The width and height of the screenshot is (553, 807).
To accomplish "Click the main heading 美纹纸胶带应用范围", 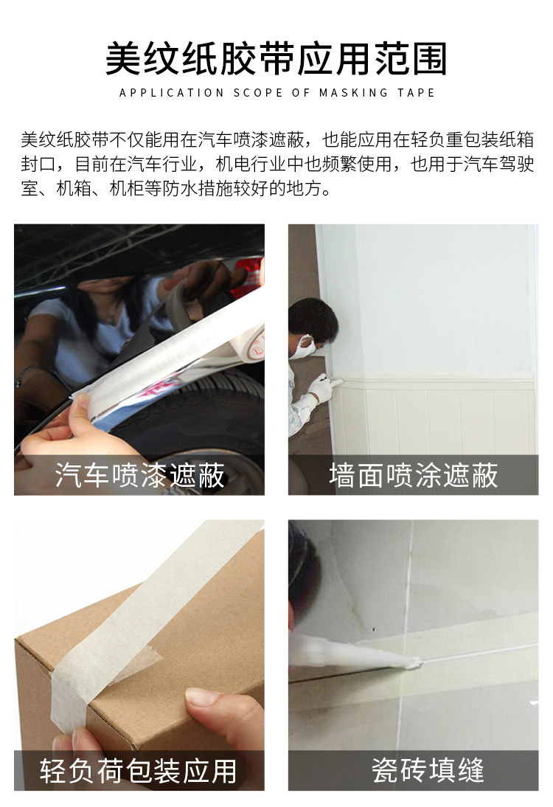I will coord(276,59).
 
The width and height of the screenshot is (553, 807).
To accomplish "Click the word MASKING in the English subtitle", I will coord(355,93).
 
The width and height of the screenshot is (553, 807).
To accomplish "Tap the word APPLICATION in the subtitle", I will coord(171,93).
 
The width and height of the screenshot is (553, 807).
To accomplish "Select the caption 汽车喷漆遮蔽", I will coord(139,476).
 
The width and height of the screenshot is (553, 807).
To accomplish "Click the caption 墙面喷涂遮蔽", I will coord(413,476).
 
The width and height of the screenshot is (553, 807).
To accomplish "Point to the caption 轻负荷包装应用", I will coord(139,771).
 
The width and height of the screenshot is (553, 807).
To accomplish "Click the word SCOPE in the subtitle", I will coord(259,93).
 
